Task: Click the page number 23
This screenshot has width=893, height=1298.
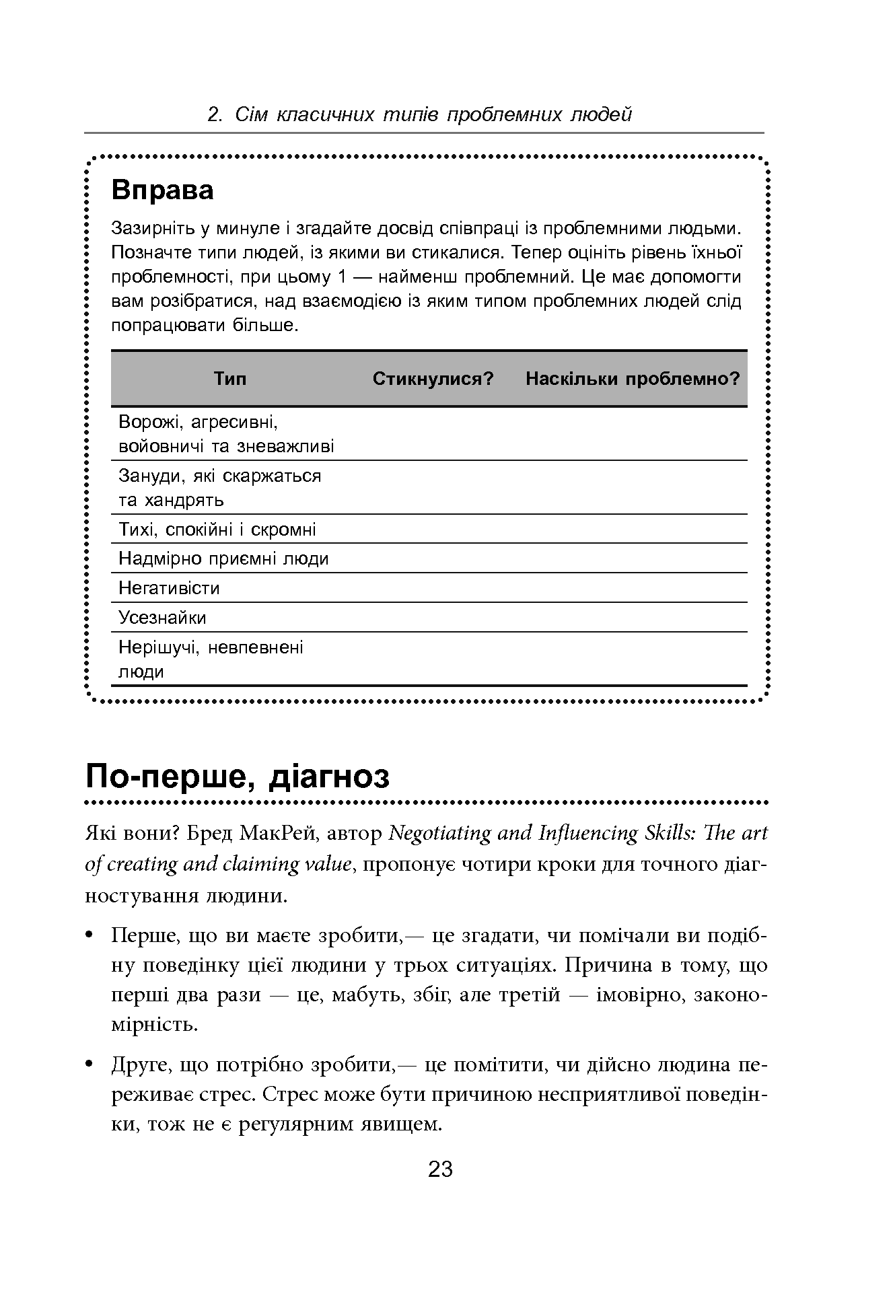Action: [440, 1169]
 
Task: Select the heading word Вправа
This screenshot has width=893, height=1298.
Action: [162, 190]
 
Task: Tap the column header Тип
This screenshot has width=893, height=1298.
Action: [230, 379]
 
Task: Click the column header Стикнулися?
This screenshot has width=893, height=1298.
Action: [433, 379]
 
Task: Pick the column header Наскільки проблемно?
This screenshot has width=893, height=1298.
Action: [632, 379]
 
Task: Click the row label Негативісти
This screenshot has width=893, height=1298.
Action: [169, 588]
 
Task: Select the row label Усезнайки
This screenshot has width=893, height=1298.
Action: [162, 618]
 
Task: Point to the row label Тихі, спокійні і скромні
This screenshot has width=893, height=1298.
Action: [217, 530]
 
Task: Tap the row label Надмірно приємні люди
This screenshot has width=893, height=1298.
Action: [223, 558]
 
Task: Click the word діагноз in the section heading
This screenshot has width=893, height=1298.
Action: [328, 777]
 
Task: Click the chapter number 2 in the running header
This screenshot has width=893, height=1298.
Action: [214, 115]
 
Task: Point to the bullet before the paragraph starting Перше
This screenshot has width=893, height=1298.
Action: [90, 936]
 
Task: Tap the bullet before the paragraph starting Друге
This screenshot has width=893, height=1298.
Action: [90, 1065]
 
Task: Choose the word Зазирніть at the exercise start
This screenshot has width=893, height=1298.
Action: [153, 229]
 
